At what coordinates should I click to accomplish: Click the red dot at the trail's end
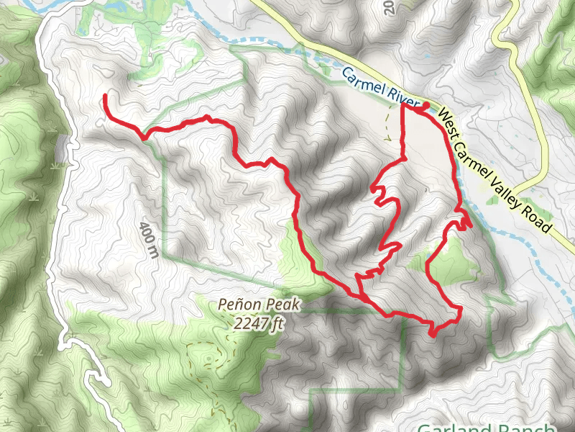click(x=425, y=106)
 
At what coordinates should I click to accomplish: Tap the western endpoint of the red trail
click(x=106, y=95)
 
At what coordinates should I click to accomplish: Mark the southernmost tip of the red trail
click(x=433, y=334)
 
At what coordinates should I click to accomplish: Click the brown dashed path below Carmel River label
click(x=390, y=126)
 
